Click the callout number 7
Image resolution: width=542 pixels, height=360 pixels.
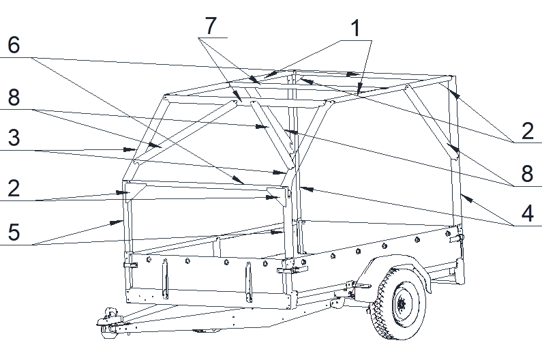coord(211,26)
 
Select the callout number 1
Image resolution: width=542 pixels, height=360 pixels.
coord(356,28)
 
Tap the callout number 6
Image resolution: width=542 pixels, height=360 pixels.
coord(14,45)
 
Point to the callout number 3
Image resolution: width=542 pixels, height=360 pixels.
coord(14,138)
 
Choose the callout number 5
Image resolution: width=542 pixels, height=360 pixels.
coord(14,232)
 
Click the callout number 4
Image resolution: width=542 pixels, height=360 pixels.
coord(528,213)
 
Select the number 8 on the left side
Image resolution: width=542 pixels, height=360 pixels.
coord(14,97)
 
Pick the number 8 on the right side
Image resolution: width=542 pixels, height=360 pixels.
coord(528,173)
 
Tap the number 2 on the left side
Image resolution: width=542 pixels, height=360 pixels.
coord(14,188)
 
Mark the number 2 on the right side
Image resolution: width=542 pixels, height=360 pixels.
coord(528,131)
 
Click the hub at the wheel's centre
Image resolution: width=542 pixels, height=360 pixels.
coord(402,304)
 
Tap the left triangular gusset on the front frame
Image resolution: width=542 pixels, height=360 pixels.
coord(136,192)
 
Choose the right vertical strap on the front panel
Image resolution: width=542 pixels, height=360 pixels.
coord(248,282)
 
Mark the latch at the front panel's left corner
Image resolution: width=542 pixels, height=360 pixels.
coord(130,266)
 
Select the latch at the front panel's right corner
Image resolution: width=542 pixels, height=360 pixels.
coord(293,269)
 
